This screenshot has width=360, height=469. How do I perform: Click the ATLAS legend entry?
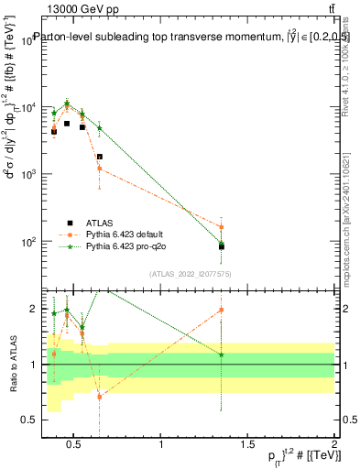coord(102,223)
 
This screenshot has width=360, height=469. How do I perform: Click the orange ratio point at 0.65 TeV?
coord(99,397)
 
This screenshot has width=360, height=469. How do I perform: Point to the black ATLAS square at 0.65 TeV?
coord(99,157)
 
